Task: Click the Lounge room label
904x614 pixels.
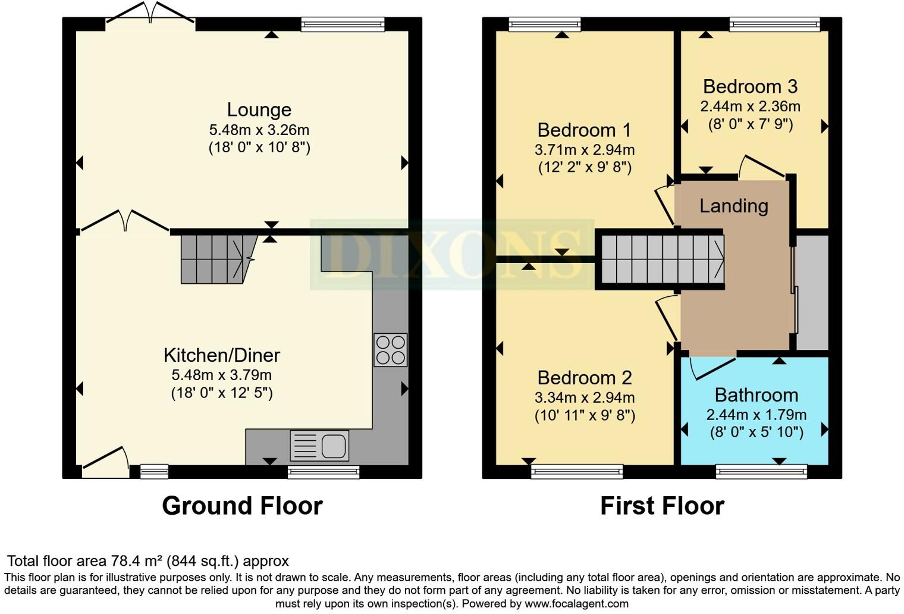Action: point(259,109)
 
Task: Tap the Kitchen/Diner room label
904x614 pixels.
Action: point(221,355)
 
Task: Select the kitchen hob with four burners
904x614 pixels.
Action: point(391,350)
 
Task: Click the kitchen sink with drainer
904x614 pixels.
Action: point(319,446)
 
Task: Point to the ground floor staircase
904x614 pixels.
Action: point(215,259)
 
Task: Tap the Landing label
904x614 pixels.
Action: point(733,206)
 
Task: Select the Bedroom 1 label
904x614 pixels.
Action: point(583,130)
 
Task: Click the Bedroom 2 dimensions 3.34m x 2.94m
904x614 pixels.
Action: point(584,397)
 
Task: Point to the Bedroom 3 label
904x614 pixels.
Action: point(749,87)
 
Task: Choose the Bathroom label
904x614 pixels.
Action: point(756,395)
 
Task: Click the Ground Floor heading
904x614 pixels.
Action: point(242,506)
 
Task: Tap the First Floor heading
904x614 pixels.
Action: point(662,506)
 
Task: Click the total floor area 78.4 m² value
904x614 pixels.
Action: point(137,561)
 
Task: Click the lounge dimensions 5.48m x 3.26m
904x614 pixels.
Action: point(259,130)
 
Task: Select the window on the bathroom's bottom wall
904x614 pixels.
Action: point(761,472)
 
